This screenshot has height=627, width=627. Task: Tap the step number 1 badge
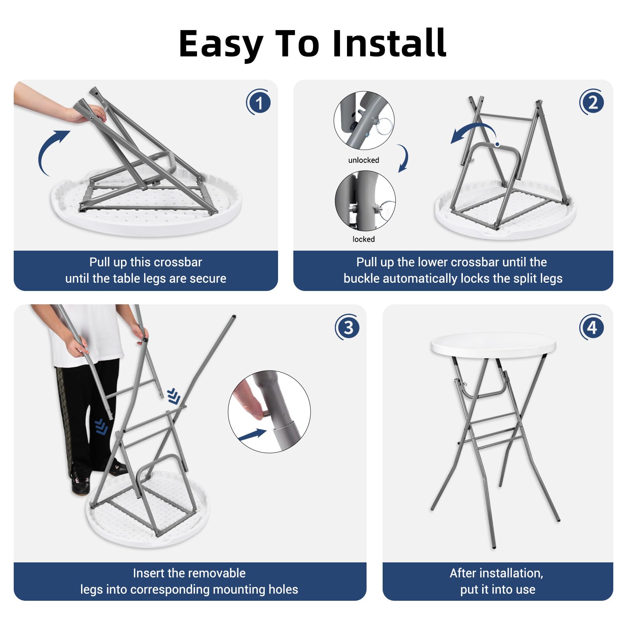coord(258,103)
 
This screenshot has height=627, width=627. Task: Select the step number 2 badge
coord(592,102)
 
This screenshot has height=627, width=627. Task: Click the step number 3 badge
coord(347,327)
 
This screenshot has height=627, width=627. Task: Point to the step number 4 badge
coord(591,327)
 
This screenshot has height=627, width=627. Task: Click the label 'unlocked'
coord(363,160)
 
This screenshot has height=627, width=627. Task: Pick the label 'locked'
coord(363,239)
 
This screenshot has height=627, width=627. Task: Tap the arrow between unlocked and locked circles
coord(404,159)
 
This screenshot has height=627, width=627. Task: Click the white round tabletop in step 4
coord(493,345)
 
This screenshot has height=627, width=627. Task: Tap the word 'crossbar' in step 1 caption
coord(179,262)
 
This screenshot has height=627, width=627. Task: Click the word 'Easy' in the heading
coord(221,44)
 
